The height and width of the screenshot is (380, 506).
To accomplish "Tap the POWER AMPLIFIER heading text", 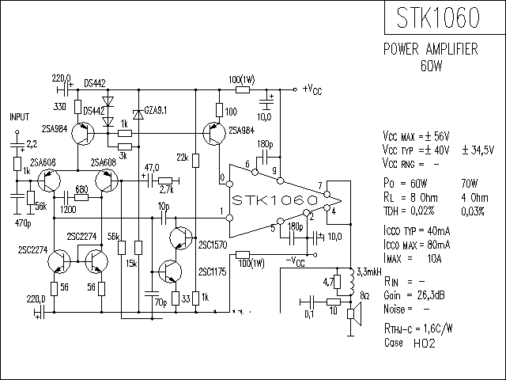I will [x=430, y=49].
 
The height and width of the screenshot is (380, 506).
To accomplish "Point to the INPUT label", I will [x=19, y=116].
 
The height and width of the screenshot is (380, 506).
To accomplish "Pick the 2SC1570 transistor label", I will [x=213, y=245].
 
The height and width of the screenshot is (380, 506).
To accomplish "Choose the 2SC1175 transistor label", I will [x=213, y=272].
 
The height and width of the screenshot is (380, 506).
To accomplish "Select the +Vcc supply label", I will [x=312, y=89].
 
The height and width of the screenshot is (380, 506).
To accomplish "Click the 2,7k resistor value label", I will [x=167, y=191].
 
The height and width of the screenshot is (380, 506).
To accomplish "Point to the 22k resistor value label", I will [x=183, y=158].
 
